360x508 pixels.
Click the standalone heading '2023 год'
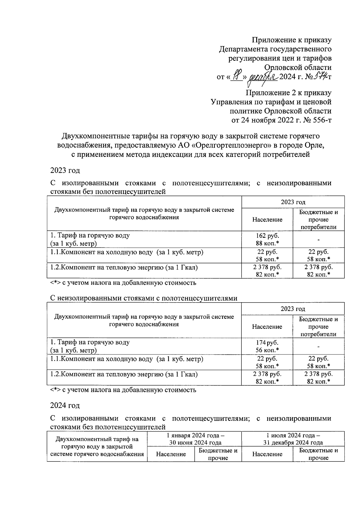[65, 170]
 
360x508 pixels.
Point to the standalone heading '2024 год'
[65, 405]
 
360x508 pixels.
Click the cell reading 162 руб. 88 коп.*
[267, 239]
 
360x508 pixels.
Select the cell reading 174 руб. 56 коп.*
[267, 346]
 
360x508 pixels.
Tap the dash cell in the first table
[319, 239]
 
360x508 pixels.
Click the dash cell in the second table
[319, 346]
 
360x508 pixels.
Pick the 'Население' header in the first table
[267, 220]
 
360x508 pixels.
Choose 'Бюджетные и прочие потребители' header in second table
[319, 327]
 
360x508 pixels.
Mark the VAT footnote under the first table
[123, 282]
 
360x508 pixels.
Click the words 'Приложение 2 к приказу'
[288, 93]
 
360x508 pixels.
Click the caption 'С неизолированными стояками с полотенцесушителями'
[143, 298]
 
